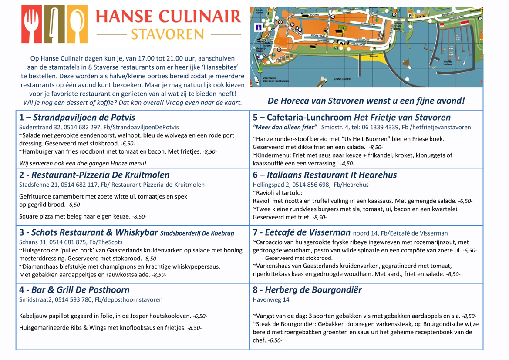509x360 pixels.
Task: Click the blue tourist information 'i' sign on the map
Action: [259, 27]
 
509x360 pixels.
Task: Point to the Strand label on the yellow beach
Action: [373, 57]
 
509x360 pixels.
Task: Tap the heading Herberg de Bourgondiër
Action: [313, 290]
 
